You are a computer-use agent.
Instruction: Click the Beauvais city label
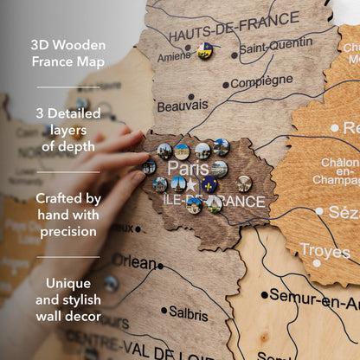[182, 106]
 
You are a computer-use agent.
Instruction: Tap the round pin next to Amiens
[205, 50]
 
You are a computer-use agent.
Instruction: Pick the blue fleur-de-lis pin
[209, 183]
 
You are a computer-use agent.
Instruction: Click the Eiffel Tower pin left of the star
[177, 183]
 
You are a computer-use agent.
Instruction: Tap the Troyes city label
[325, 250]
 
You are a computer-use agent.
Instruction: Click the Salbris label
[189, 312]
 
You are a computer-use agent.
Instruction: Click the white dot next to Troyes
[317, 262]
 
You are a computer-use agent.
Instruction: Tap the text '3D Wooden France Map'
[67, 52]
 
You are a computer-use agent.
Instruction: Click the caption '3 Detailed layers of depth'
[67, 129]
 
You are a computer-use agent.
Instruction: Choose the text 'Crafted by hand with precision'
[67, 214]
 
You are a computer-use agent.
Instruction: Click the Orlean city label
[134, 261]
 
